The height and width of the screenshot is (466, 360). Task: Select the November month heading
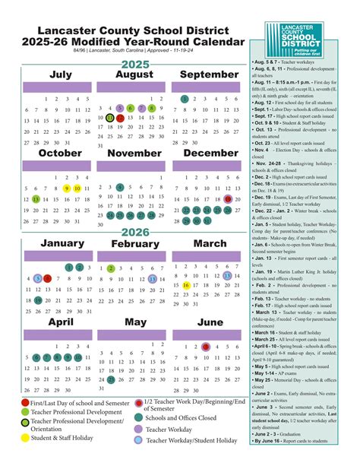pos(135,154)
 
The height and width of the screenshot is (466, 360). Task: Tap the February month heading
pos(135,244)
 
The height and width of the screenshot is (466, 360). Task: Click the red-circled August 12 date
pos(111,118)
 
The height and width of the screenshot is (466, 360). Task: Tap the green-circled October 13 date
pos(36,198)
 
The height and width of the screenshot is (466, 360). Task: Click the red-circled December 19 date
pos(229,198)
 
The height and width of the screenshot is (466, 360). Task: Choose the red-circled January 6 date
pos(48,279)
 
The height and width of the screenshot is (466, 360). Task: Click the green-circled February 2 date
pos(111,268)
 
